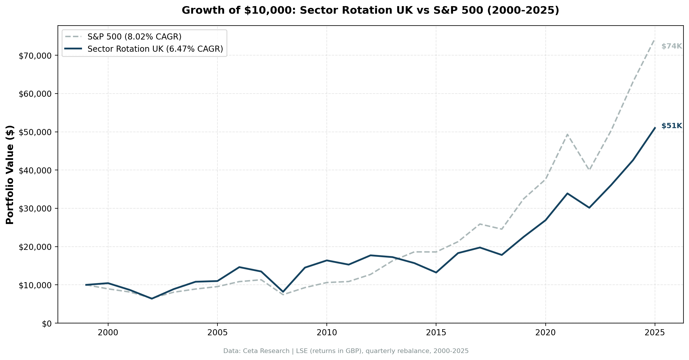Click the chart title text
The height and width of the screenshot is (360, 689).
(370, 10)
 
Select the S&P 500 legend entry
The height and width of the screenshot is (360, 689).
(134, 37)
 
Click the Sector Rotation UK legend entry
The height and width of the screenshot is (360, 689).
(155, 49)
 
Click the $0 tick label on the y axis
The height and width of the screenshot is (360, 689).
(47, 324)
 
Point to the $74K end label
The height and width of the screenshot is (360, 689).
(672, 46)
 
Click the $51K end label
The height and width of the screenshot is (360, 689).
(672, 126)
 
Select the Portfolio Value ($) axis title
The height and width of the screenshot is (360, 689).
(10, 175)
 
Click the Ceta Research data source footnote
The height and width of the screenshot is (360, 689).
(346, 351)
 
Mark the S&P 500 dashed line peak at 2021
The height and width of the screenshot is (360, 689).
(567, 134)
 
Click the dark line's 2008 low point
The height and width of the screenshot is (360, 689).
(283, 292)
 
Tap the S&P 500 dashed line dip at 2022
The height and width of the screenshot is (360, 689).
(589, 170)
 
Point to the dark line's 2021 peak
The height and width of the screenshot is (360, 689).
(567, 194)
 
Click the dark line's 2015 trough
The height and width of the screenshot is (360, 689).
(436, 273)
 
